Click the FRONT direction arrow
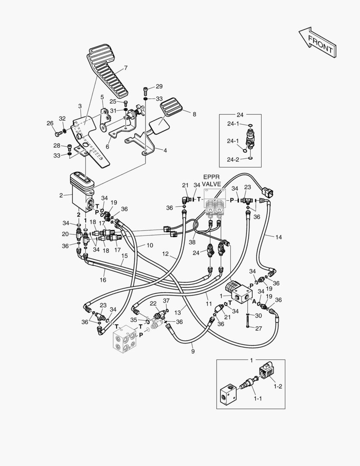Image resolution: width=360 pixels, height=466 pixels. click(x=317, y=42)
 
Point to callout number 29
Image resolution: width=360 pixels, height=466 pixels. click(x=159, y=86)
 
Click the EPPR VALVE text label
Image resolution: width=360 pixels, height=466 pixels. click(x=212, y=180)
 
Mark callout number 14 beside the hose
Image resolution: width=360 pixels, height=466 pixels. click(x=279, y=237)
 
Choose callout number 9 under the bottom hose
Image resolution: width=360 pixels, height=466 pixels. click(x=193, y=351)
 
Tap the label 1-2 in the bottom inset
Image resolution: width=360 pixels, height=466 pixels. click(x=278, y=387)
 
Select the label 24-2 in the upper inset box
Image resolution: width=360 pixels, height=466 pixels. click(x=233, y=159)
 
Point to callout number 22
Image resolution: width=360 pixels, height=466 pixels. click(x=153, y=303)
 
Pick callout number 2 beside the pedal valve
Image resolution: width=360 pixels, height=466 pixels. click(x=62, y=195)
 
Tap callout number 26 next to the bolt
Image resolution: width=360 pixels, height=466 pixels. click(x=50, y=123)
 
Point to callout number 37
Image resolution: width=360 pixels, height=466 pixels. click(x=166, y=300)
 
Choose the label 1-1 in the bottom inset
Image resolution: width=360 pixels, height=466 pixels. click(x=257, y=399)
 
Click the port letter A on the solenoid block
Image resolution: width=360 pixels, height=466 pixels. click(x=254, y=301)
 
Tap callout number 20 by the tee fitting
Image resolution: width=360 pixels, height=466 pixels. click(x=65, y=234)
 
